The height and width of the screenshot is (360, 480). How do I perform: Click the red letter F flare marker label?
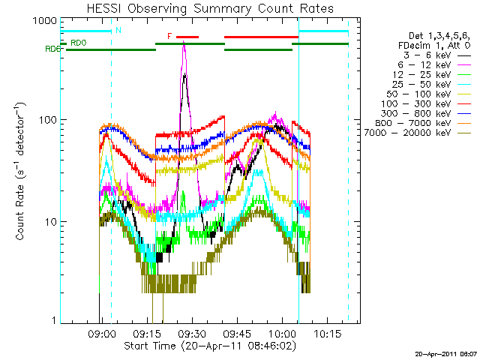point(169,35)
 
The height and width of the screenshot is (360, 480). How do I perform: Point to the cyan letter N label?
point(118,30)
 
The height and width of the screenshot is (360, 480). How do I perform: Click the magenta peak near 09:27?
point(184,45)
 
